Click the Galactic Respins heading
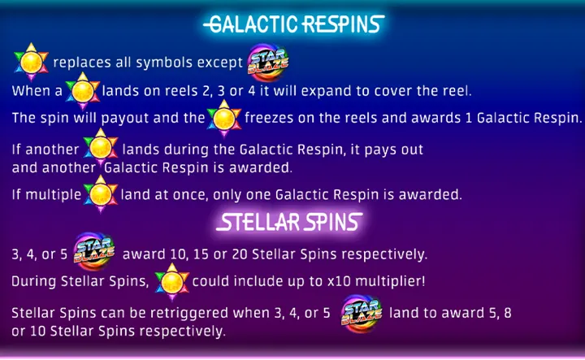pos(292,24)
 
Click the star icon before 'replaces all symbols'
pos(32,61)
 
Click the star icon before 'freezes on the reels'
pos(223,117)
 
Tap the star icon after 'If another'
pos(101,149)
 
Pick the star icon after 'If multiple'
pos(101,193)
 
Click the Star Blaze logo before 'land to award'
pos(358,312)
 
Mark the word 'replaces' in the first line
pos(80,63)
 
